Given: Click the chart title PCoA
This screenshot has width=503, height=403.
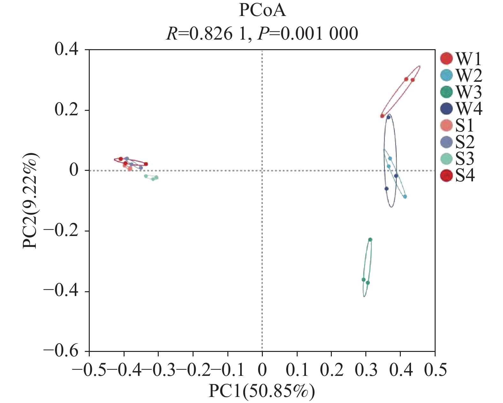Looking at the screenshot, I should (262, 10).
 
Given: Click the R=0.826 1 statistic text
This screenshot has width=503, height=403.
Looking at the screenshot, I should (206, 33).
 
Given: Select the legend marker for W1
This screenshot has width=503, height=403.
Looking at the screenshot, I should (446, 58).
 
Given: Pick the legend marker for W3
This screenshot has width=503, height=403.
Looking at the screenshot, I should (446, 92).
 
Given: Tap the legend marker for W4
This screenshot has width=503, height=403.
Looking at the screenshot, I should (446, 109).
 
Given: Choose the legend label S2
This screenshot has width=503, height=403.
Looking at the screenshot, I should (465, 142).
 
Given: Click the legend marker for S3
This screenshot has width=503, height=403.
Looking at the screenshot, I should (446, 159).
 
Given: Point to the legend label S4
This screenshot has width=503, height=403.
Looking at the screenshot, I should (465, 176).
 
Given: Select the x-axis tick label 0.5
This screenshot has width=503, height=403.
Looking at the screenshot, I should (435, 370).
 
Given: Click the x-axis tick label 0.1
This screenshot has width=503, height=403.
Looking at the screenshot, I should (297, 370).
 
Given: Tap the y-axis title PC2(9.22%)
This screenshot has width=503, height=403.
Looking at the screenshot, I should (30, 201).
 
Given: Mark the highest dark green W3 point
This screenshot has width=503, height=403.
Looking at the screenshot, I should (370, 240).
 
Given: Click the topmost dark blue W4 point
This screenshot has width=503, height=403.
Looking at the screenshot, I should (388, 117).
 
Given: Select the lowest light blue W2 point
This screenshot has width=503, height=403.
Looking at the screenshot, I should (405, 196).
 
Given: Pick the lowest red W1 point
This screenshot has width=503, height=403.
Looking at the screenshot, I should (382, 116).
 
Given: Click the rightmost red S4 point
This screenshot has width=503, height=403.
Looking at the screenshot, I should (146, 164).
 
